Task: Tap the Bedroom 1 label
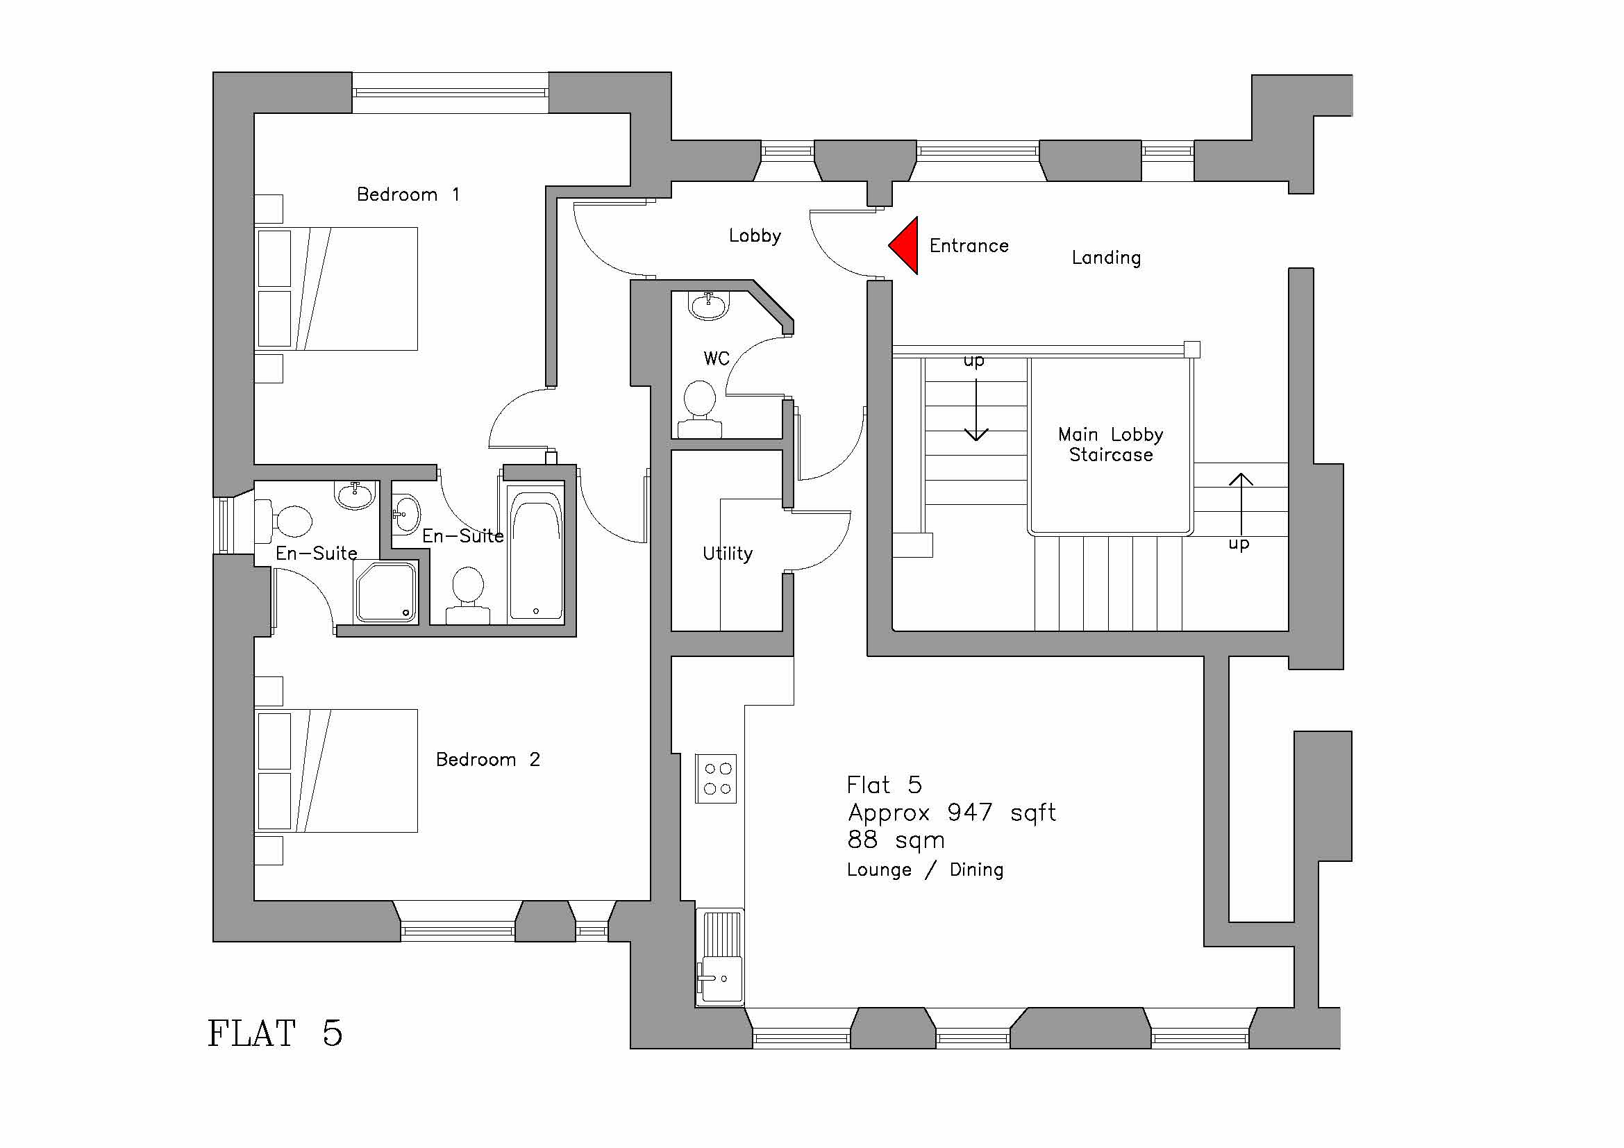click(x=408, y=194)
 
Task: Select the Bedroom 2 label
click(x=487, y=760)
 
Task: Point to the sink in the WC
click(x=708, y=306)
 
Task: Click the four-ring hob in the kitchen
click(x=717, y=779)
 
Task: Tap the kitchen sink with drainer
click(x=720, y=958)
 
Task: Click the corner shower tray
click(x=386, y=592)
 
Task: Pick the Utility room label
click(x=727, y=554)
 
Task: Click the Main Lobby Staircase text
click(x=1110, y=445)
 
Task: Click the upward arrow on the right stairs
click(x=1241, y=502)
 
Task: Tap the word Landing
click(x=1106, y=258)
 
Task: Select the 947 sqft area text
click(x=951, y=813)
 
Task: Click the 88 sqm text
click(x=896, y=840)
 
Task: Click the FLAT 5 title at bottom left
click(x=274, y=1033)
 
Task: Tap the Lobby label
click(x=755, y=235)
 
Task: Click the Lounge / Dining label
click(x=924, y=870)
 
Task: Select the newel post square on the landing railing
click(x=1192, y=349)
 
